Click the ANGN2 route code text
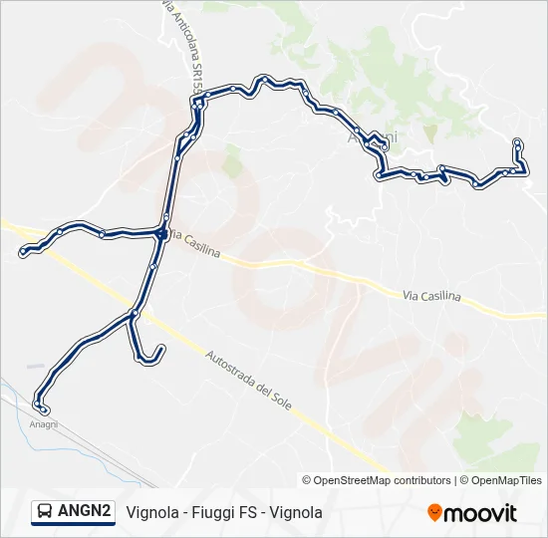[x=84, y=512]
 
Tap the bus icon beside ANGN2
[x=45, y=512]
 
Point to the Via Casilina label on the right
[x=432, y=296]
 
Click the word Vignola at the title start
[x=152, y=512]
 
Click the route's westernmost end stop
[x=23, y=253]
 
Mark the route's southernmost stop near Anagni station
[x=43, y=409]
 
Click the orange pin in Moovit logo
[x=434, y=513]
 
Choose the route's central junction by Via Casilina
[x=161, y=234]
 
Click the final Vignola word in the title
[x=296, y=512]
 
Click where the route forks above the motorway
[x=134, y=314]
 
